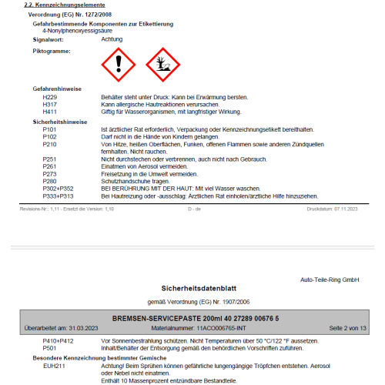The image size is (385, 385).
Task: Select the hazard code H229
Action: pyautogui.click(x=50, y=97)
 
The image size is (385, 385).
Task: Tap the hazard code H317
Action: pyautogui.click(x=50, y=103)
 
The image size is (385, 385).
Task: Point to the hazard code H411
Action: pyautogui.click(x=50, y=110)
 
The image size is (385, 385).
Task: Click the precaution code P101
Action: pyautogui.click(x=50, y=129)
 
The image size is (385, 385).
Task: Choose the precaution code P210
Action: pyautogui.click(x=50, y=143)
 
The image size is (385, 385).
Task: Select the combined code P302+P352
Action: pyautogui.click(x=58, y=188)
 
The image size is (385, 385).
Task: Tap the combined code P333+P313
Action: pyautogui.click(x=58, y=195)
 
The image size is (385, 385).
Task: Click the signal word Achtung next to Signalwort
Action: pyautogui.click(x=112, y=38)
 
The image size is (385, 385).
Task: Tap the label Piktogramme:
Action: pyautogui.click(x=52, y=51)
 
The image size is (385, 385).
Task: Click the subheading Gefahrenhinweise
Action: pyautogui.click(x=58, y=89)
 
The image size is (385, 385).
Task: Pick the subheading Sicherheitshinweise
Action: pyautogui.click(x=60, y=122)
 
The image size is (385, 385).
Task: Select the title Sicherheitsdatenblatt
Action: pyautogui.click(x=192, y=289)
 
